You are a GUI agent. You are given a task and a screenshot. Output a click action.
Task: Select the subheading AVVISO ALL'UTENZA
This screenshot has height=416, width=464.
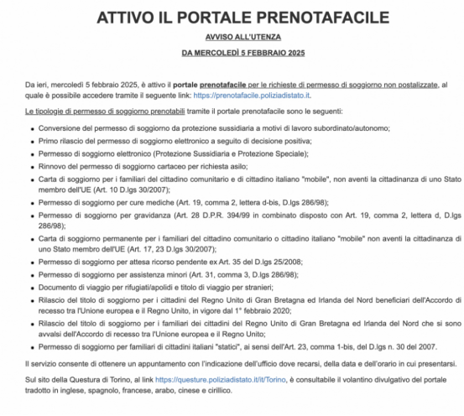(x=232, y=39)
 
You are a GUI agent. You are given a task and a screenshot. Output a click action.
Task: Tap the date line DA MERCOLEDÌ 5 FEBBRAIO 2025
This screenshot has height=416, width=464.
(x=232, y=54)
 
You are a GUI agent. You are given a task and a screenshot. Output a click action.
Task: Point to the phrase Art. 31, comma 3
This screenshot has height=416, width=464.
(x=196, y=275)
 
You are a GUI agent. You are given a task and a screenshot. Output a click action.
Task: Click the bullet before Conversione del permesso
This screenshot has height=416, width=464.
(x=30, y=128)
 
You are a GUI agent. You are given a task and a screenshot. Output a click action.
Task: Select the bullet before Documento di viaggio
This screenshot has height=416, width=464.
(x=30, y=288)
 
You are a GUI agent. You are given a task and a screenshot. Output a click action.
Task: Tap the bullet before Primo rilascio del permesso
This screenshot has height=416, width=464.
(x=30, y=142)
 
